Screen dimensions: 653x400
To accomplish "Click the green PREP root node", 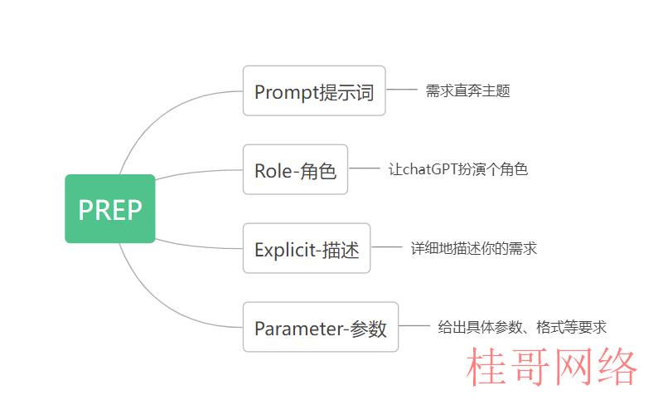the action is click(110, 208).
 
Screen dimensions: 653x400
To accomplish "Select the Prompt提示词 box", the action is click(314, 90).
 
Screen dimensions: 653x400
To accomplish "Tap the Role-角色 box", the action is click(295, 169).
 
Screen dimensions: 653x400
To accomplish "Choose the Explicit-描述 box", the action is click(307, 248).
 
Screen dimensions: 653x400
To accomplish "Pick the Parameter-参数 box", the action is click(321, 327).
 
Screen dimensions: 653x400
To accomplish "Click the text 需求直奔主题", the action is click(467, 90).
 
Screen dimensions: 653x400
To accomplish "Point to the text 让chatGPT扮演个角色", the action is click(458, 169).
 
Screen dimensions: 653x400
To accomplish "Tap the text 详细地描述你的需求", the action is click(473, 248).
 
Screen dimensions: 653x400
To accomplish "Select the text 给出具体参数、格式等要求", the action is click(522, 327).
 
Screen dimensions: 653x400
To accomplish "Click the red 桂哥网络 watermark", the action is click(552, 367).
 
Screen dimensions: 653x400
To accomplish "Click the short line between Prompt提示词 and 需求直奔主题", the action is click(401, 90).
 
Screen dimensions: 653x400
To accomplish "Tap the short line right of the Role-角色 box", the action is click(364, 168).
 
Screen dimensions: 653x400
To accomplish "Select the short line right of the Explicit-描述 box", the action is click(386, 247).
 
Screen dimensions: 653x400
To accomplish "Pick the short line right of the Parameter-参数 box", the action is click(414, 326).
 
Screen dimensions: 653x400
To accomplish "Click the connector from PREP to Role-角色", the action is click(198, 172).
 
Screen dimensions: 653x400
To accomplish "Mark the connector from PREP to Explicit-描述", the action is click(198, 246).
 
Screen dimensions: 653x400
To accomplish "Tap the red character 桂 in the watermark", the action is click(486, 367).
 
